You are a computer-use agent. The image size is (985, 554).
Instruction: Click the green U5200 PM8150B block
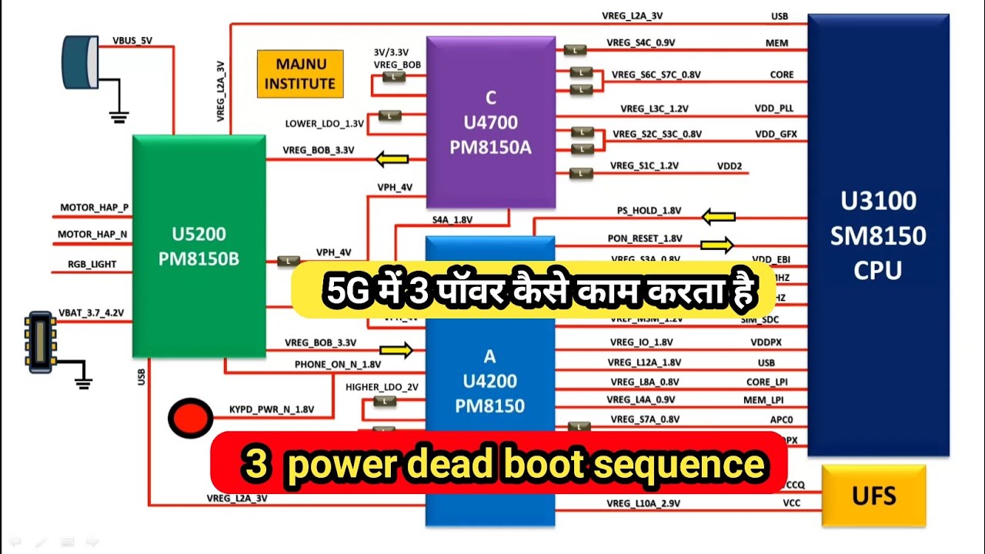tap(199, 246)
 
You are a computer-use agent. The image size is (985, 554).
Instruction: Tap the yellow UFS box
tap(873, 495)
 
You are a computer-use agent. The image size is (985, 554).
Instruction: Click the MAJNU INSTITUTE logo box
tap(300, 75)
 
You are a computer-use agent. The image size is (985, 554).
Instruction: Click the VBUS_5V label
tap(132, 40)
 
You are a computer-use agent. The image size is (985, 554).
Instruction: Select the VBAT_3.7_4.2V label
tap(91, 313)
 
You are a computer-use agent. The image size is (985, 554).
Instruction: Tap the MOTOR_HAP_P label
tap(95, 208)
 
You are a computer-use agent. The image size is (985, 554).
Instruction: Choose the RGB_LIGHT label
tap(92, 264)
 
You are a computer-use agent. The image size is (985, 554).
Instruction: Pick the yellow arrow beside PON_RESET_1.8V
tap(716, 245)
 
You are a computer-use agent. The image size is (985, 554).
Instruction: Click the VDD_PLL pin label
tap(774, 108)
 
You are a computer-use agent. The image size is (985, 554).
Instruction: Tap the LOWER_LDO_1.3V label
tap(325, 123)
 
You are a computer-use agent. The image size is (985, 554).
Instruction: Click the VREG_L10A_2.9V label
tap(643, 503)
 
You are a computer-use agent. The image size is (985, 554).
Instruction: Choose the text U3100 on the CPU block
tap(878, 202)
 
